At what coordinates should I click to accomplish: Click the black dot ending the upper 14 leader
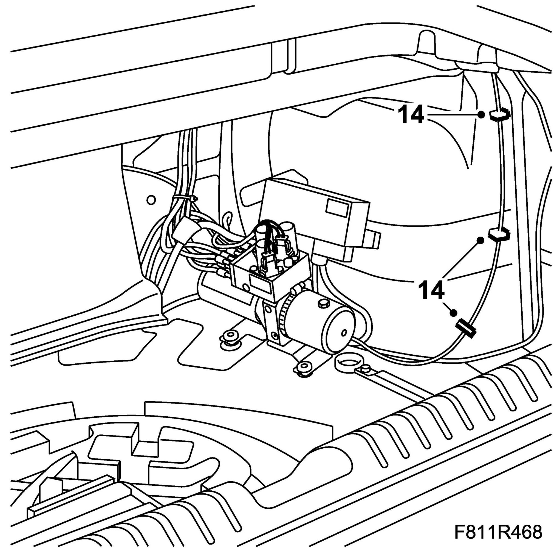481,115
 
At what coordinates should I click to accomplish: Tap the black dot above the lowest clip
454,313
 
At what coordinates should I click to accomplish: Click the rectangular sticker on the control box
337,207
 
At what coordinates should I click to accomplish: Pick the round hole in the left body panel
151,200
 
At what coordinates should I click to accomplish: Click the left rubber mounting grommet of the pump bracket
229,337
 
